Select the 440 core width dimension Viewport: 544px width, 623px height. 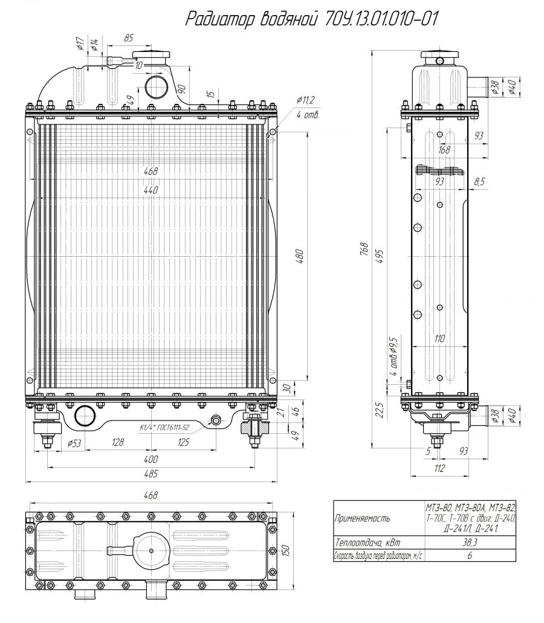(x=151, y=190)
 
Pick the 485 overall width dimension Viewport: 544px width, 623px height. (x=151, y=473)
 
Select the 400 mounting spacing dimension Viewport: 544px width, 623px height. (x=151, y=459)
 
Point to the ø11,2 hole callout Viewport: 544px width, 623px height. (x=306, y=100)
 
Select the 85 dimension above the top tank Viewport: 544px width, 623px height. (x=128, y=37)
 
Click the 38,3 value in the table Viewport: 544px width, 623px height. (x=470, y=543)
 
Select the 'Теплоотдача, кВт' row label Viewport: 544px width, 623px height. (x=368, y=543)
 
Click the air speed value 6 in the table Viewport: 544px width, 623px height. (x=470, y=555)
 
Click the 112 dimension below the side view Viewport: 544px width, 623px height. (x=439, y=468)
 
